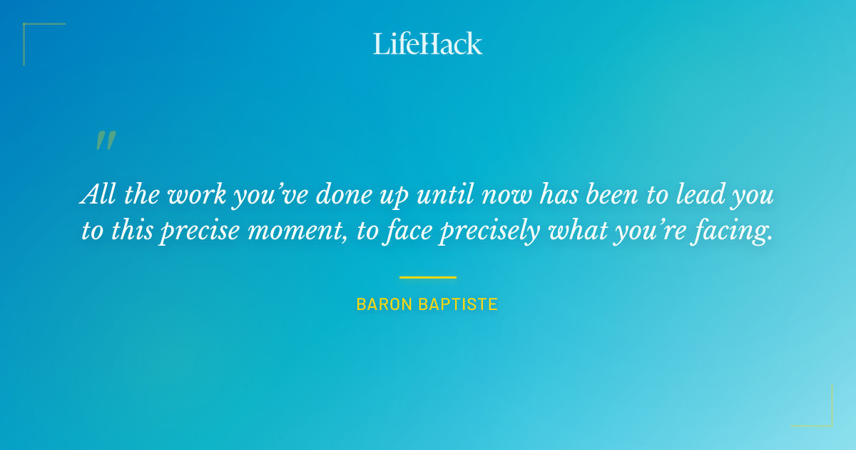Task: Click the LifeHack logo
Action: pyautogui.click(x=428, y=44)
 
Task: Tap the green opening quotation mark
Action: pyautogui.click(x=105, y=141)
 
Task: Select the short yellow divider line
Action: pyautogui.click(x=428, y=277)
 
